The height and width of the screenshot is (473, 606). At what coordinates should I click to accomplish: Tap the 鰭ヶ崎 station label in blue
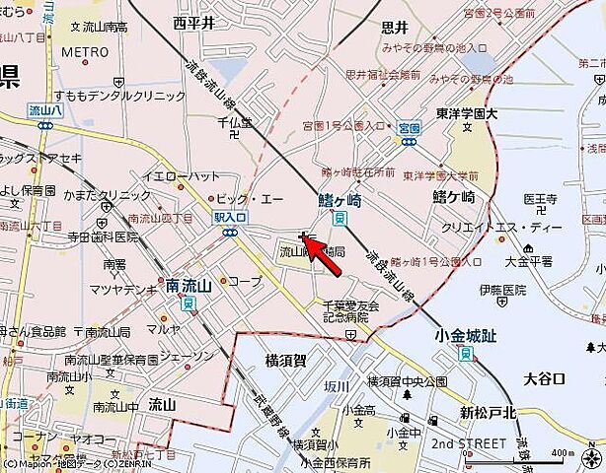pyautogui.click(x=341, y=198)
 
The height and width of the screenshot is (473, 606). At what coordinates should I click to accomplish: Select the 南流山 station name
pyautogui.click(x=189, y=286)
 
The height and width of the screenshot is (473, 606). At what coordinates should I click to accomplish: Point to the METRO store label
pyautogui.click(x=84, y=51)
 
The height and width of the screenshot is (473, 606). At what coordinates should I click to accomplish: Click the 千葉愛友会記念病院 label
pyautogui.click(x=351, y=311)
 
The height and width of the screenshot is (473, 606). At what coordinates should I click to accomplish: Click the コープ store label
pyautogui.click(x=248, y=281)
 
